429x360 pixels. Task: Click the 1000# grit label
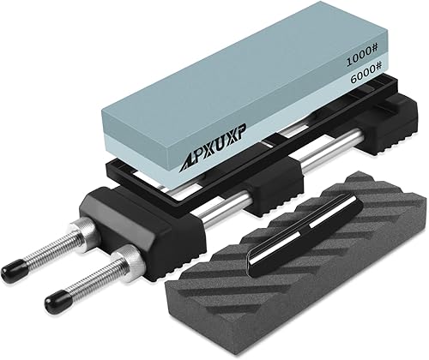[x=362, y=57]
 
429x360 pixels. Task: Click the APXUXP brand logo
[x=212, y=151]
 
